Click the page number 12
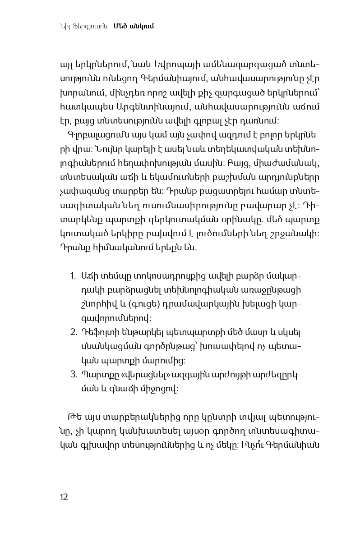pyautogui.click(x=64, y=497)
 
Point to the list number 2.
pyautogui.click(x=73, y=332)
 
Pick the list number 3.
pyautogui.click(x=73, y=375)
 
